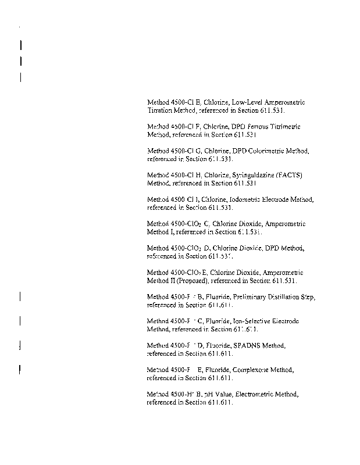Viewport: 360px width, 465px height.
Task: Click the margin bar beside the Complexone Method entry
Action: [20, 369]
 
